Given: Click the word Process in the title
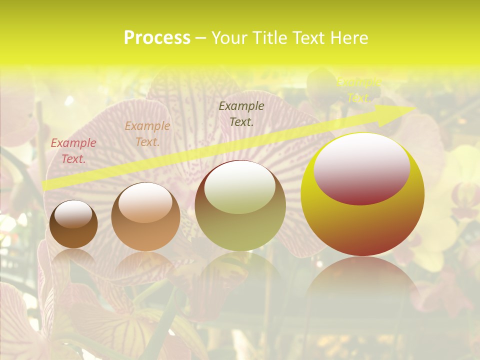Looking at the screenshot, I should (157, 38).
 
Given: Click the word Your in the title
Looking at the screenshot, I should (230, 38).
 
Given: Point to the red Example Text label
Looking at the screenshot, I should (73, 151).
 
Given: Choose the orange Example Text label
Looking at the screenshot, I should (147, 134).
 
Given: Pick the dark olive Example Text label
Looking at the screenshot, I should (241, 114).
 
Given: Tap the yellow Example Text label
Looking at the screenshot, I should (358, 90).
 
